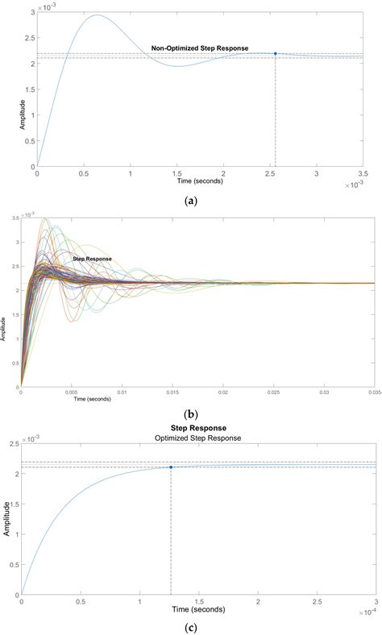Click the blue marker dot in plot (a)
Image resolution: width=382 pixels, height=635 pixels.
(276, 54)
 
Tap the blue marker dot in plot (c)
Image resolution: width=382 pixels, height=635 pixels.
(171, 467)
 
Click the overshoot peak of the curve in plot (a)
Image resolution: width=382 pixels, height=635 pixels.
(97, 15)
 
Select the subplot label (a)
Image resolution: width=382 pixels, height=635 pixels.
(191, 201)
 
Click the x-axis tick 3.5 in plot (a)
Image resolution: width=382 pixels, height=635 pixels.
(363, 173)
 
